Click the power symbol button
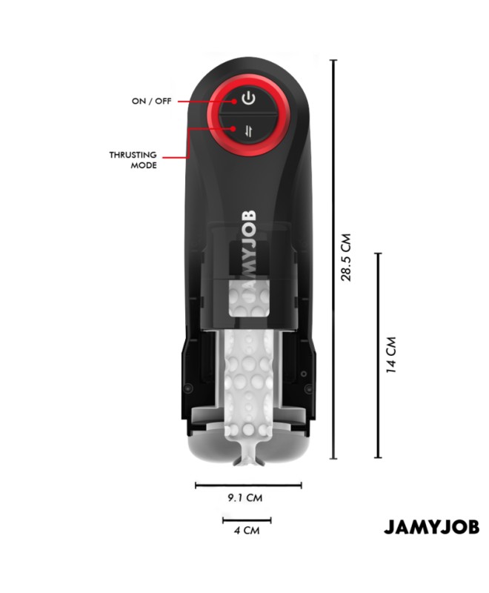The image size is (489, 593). tap(248, 99)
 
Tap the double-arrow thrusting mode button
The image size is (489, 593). tap(248, 131)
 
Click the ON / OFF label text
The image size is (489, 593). tap(152, 101)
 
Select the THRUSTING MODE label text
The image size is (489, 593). tap(133, 160)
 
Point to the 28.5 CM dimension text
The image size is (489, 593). tap(346, 257)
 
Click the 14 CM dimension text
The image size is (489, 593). tap(391, 355)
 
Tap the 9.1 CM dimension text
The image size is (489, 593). tap(245, 497)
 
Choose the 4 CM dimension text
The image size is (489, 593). tap(247, 530)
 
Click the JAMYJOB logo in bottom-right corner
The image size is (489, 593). tap(431, 527)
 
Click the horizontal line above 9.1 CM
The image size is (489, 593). tap(248, 486)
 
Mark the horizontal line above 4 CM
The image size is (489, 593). tap(247, 520)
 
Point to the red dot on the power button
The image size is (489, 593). tap(234, 102)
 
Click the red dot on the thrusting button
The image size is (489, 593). tap(233, 128)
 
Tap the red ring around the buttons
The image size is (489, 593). tap(212, 115)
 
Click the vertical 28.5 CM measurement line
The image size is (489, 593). tap(333, 259)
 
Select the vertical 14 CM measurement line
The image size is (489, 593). tap(379, 356)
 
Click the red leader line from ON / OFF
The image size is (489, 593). tap(206, 102)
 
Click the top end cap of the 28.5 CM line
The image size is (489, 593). tap(333, 60)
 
